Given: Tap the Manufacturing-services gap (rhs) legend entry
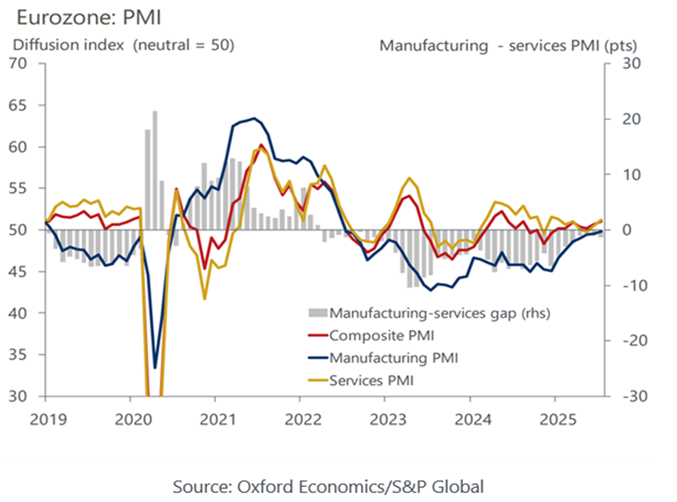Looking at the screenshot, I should pyautogui.click(x=419, y=311).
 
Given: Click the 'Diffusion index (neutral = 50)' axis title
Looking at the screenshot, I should pyautogui.click(x=122, y=45).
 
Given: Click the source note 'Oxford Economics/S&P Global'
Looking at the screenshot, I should pyautogui.click(x=328, y=485).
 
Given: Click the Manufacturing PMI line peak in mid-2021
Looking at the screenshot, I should pyautogui.click(x=254, y=119).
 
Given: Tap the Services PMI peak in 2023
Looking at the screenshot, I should pyautogui.click(x=410, y=178).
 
